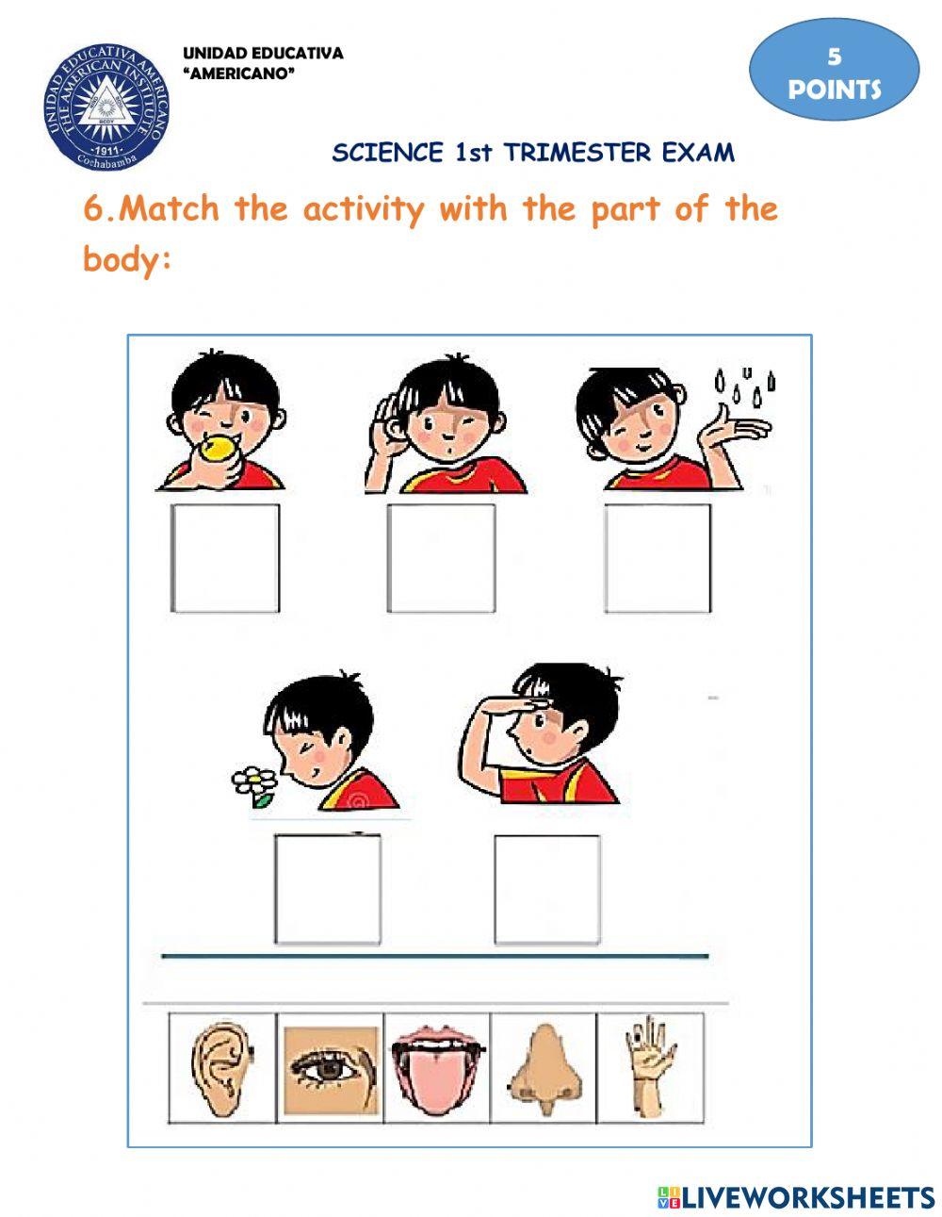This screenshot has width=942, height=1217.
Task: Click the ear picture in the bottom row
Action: pyautogui.click(x=222, y=1067)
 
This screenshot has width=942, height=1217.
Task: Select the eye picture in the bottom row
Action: pyautogui.click(x=331, y=1067)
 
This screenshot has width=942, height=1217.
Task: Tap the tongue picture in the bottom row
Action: pyautogui.click(x=437, y=1067)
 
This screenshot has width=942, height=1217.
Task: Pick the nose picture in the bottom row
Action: pyautogui.click(x=544, y=1067)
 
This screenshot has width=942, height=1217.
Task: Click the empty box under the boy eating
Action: pyautogui.click(x=225, y=558)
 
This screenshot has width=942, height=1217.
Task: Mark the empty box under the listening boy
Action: pyautogui.click(x=441, y=558)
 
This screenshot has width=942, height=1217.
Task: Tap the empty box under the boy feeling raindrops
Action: pyautogui.click(x=658, y=558)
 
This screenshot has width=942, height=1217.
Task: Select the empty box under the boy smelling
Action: pyautogui.click(x=328, y=888)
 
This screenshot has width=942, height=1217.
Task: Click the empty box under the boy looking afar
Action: pyautogui.click(x=547, y=888)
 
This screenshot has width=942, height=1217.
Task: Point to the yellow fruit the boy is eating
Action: pyautogui.click(x=218, y=449)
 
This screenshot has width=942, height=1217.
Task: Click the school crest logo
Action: pyautogui.click(x=106, y=106)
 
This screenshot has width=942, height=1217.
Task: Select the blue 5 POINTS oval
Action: pyautogui.click(x=834, y=70)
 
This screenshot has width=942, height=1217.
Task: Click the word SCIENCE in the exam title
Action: pyautogui.click(x=387, y=153)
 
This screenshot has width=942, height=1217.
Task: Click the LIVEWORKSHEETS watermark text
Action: pyautogui.click(x=806, y=1197)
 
